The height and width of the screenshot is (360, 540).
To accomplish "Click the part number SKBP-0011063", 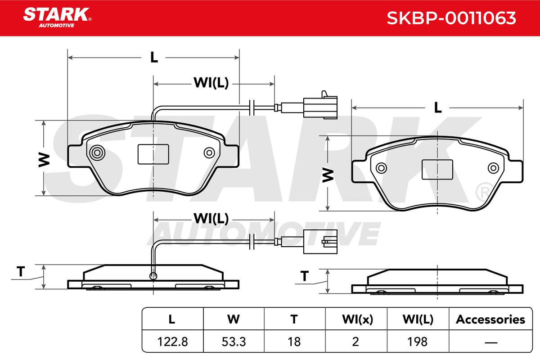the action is pos(451,18).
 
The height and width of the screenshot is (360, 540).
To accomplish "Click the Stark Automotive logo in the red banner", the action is pos(58,18).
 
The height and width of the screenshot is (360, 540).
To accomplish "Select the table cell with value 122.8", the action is pos(172,342).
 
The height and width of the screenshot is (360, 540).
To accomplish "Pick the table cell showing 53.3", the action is pos(234,342).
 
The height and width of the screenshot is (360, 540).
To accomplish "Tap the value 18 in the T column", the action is pos(294,342).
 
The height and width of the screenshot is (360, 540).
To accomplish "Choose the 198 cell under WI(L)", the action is pos(417,342).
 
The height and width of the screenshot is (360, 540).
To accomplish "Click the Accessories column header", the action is pos(490,319).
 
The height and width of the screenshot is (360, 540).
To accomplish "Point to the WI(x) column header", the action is pos(357,319).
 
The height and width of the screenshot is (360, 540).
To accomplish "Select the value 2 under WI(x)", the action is pos(355,342).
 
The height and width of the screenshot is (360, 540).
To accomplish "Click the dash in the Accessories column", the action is pos(491,342).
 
